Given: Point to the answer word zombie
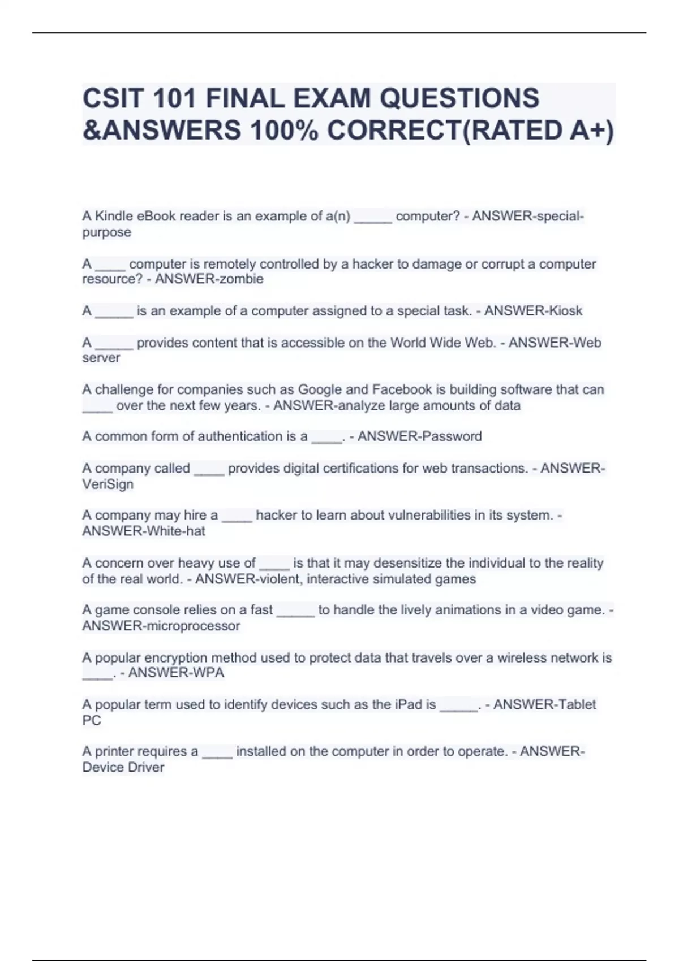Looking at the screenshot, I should click(x=244, y=279).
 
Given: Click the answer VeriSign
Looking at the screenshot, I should click(x=108, y=484).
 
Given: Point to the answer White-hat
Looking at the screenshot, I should click(x=175, y=531).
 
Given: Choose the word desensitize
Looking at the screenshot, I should click(x=408, y=563).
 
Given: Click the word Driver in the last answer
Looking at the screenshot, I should click(x=145, y=767).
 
